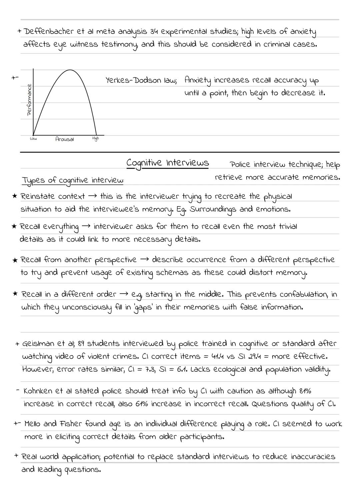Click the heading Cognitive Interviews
point(168,163)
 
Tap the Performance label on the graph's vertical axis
point(29,99)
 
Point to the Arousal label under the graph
point(64,139)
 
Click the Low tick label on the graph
point(33,138)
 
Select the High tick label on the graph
point(95,138)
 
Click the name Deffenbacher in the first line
point(49,31)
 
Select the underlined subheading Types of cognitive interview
point(73,180)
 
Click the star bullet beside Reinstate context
point(14,196)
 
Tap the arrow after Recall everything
point(86,226)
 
